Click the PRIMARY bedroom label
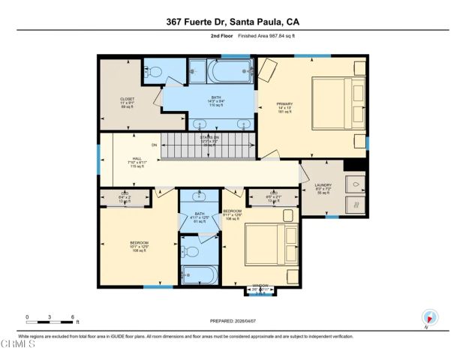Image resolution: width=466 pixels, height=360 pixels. tap(284, 104)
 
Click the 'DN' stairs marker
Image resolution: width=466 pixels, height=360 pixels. tap(155, 145)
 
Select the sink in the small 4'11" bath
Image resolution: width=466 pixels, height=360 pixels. tap(198, 198)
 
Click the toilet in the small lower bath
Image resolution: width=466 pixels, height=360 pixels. tap(191, 251)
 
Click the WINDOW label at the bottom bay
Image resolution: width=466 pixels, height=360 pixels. tap(260, 286)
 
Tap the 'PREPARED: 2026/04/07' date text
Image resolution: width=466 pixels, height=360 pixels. tap(233, 321)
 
